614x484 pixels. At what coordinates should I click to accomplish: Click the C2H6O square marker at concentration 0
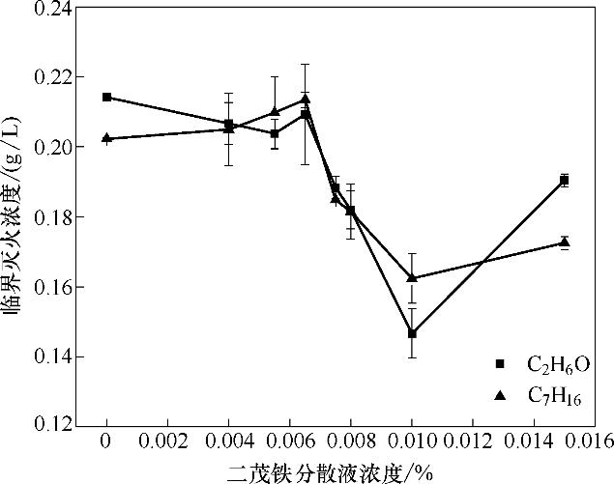pos(106,98)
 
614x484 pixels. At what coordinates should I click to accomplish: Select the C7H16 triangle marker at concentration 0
pos(106,138)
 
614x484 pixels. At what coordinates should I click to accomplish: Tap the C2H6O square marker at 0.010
pos(412,333)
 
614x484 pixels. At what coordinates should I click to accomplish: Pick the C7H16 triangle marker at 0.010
pos(412,277)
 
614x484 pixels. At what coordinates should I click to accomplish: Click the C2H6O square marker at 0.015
pos(564,180)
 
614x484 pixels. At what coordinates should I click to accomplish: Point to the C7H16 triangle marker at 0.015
pos(564,242)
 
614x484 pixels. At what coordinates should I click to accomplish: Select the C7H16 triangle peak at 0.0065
pos(305,99)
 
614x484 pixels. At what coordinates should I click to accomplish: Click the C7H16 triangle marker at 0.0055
pos(275,111)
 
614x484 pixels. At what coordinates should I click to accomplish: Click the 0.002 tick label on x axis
pos(167,441)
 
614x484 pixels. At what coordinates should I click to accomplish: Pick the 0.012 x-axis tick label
pos(472,441)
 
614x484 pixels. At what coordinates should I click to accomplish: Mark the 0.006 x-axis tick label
pos(289,441)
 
